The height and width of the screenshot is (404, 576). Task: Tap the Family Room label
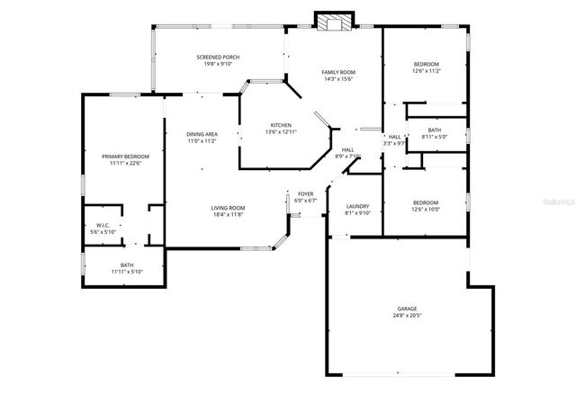[340, 71]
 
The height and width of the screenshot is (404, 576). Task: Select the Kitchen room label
[281, 125]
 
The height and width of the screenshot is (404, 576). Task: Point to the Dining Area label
[202, 133]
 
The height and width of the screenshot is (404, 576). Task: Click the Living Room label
[229, 208]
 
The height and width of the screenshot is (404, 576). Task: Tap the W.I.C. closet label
[103, 225]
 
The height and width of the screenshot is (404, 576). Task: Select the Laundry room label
[357, 206]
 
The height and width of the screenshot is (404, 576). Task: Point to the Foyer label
[306, 193]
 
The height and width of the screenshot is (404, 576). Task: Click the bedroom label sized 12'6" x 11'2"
[426, 64]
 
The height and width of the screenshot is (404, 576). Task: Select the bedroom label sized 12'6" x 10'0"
[425, 202]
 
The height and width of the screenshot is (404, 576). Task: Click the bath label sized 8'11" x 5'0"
[435, 130]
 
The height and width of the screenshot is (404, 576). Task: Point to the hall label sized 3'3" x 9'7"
[394, 137]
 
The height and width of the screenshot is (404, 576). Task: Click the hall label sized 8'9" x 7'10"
[347, 149]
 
